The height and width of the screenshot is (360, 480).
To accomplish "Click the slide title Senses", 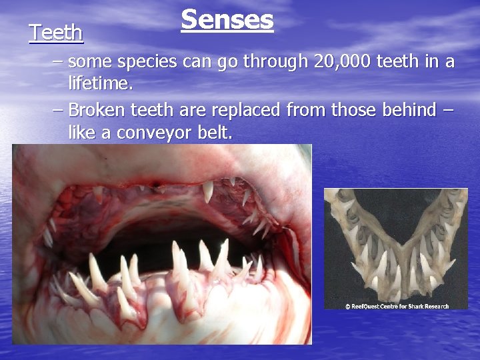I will (x=227, y=19).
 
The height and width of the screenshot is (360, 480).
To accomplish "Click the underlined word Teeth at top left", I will (x=56, y=33).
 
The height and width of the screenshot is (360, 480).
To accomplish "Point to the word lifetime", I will (x=101, y=85).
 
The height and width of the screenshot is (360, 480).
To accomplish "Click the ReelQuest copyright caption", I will (x=396, y=306).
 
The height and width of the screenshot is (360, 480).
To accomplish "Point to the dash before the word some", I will (x=58, y=62).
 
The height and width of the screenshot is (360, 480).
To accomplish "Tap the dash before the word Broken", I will (x=58, y=109).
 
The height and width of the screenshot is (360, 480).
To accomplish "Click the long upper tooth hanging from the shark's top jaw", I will (x=208, y=191).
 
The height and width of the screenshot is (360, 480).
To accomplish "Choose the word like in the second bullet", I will (x=83, y=132).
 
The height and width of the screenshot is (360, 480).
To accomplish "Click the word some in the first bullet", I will (x=91, y=62).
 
